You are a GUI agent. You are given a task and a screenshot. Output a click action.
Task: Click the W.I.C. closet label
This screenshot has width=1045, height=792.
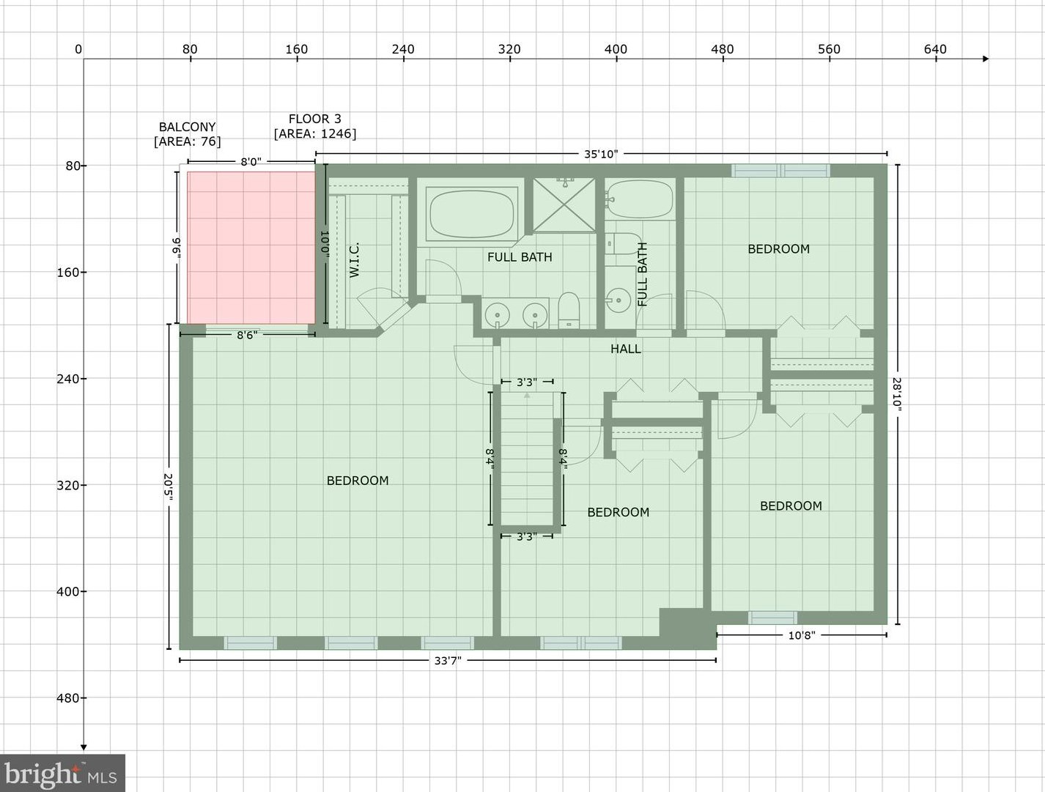[355, 260]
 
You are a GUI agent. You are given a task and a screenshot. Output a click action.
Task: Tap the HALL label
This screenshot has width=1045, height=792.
[625, 349]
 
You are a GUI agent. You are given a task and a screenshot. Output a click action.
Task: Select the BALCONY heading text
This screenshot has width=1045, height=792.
[187, 127]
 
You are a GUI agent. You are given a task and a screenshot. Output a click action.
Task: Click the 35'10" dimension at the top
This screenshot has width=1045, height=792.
[600, 154]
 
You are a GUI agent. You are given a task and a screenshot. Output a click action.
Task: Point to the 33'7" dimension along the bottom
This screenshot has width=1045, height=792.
[447, 661]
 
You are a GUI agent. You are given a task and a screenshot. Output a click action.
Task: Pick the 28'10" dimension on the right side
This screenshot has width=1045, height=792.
[897, 394]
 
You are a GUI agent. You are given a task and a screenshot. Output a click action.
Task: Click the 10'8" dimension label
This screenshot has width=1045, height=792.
[801, 635]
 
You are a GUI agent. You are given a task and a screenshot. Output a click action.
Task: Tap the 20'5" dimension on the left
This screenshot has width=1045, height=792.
[169, 486]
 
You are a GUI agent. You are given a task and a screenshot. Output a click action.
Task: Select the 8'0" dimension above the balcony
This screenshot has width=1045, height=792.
[251, 162]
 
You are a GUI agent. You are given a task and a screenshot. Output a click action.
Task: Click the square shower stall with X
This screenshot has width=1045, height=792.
[564, 205]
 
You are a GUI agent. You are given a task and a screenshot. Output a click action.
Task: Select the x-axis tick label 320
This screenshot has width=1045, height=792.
[509, 49]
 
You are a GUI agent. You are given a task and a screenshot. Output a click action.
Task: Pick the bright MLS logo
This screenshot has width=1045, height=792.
[62, 774]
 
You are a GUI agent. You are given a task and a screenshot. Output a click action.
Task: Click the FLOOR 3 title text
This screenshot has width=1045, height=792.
[314, 119]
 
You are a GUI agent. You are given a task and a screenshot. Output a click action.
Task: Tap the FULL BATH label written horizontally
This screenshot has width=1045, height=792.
[520, 257]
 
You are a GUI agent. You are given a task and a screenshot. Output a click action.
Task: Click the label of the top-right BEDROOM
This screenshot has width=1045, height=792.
[778, 249]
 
